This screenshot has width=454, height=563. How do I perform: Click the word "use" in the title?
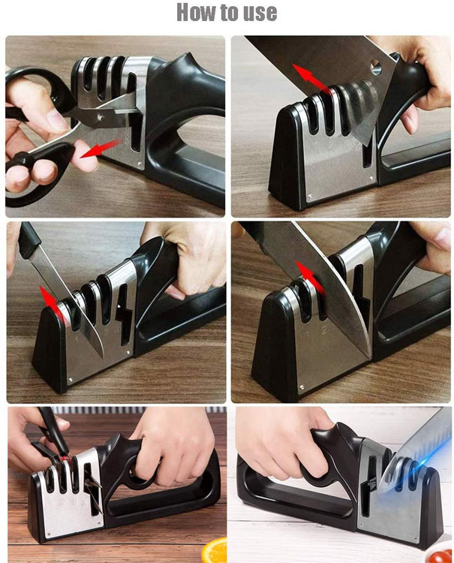[x=260, y=14]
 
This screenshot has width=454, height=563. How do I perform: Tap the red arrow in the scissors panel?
[x=100, y=149]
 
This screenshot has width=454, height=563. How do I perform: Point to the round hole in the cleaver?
[x=376, y=66]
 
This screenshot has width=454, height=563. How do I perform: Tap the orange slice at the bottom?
[x=215, y=549]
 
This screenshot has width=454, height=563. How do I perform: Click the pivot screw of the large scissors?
[x=101, y=117]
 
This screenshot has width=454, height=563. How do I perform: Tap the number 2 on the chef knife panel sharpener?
[x=323, y=330]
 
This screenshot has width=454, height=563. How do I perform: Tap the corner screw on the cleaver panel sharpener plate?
[x=308, y=196]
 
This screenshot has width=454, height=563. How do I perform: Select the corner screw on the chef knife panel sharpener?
[x=302, y=387]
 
